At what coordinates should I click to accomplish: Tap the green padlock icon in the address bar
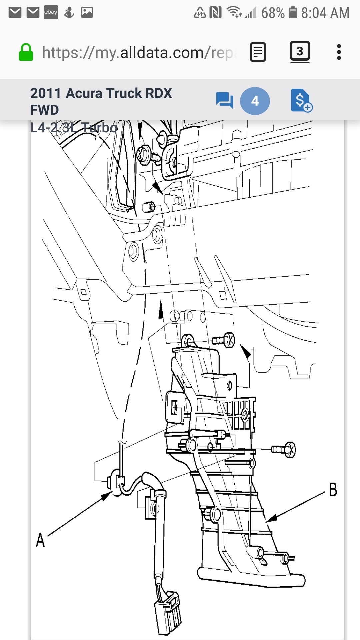(x=26, y=52)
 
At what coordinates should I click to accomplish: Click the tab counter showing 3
(x=300, y=51)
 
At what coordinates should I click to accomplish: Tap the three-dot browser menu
(x=339, y=52)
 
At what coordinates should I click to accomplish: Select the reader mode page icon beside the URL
(x=258, y=52)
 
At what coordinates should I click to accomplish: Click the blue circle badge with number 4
(x=255, y=101)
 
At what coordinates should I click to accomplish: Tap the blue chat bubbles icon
(x=224, y=100)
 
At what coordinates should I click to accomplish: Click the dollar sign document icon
(x=301, y=100)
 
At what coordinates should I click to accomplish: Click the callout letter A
(x=40, y=540)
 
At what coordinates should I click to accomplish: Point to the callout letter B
(x=333, y=490)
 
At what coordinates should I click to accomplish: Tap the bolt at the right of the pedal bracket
(x=284, y=450)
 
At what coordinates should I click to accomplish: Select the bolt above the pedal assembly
(x=224, y=340)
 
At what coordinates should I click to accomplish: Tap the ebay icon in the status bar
(x=51, y=12)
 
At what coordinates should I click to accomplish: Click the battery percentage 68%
(x=273, y=13)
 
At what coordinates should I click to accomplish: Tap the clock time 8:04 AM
(x=325, y=13)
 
